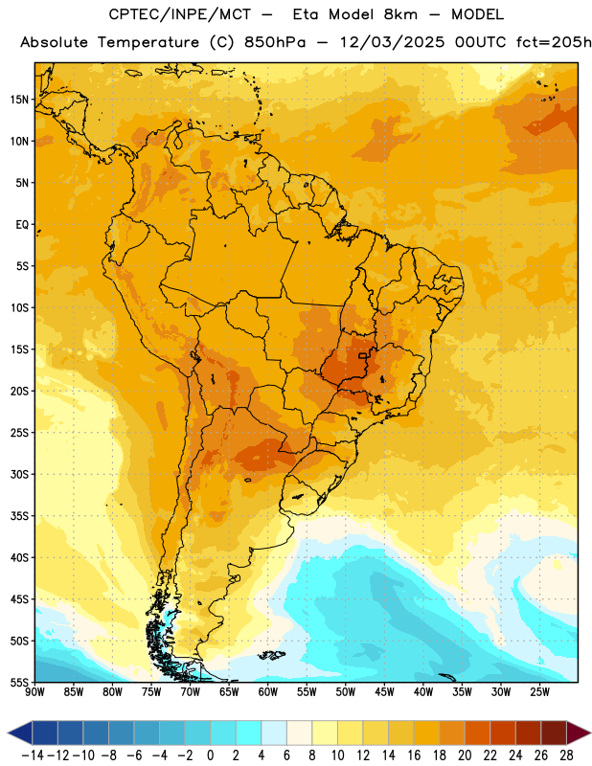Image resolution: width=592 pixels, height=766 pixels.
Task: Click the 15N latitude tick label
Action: pos(19,100)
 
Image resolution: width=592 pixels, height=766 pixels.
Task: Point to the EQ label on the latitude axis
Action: pos(22,225)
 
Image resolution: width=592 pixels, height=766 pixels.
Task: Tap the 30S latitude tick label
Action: pos(19,474)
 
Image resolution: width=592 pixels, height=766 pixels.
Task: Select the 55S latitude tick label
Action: pos(19,683)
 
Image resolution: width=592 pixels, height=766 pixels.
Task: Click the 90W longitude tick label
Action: pos(34,692)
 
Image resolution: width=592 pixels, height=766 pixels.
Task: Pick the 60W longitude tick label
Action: pos(268,692)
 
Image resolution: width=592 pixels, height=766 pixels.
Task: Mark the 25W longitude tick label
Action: pos(539,692)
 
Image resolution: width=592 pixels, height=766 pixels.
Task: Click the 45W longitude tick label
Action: pos(385,692)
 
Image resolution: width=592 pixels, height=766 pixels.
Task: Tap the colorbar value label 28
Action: pos(566,755)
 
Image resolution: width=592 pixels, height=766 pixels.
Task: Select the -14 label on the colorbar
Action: pos(33,755)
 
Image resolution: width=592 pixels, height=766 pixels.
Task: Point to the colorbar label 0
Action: pos(210,755)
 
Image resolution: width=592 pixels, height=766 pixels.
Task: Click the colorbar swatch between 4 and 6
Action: pos(274,732)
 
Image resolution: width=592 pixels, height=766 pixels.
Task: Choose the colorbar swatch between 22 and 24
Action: pos(503,732)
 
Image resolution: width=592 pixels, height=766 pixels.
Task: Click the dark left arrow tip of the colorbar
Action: pos(9,732)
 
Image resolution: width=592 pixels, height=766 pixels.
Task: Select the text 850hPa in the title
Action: pos(275,42)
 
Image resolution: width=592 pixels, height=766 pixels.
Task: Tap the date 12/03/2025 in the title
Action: pos(393,42)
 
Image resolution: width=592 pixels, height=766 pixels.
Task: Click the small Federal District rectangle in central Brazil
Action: pos(363,355)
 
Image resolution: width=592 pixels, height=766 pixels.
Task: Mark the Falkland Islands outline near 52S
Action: pos(271,655)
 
